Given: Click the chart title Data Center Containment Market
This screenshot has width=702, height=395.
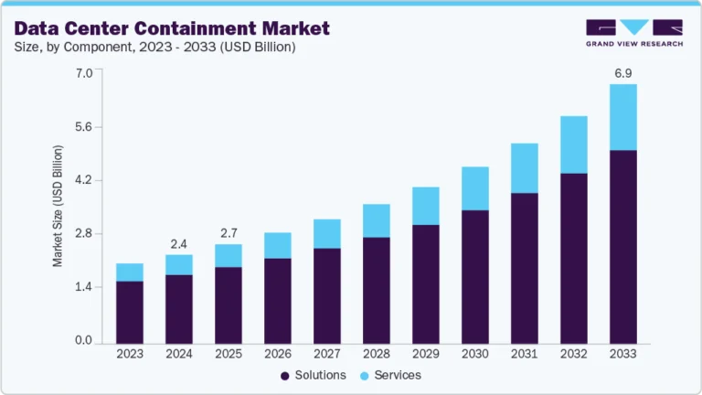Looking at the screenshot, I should tap(172, 28).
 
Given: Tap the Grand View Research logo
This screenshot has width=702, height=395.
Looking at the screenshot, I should tap(633, 33).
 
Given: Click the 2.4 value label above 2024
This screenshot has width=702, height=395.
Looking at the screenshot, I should tap(179, 243).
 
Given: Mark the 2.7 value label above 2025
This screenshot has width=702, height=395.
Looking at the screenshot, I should tap(229, 232).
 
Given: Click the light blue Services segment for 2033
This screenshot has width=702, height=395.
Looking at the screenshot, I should tap(623, 117).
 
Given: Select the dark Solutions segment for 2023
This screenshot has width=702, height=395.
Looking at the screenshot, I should tap(130, 311).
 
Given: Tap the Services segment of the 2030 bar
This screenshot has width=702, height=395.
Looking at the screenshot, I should tap(475, 188).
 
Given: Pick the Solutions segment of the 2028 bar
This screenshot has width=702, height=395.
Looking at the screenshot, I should tap(377, 289).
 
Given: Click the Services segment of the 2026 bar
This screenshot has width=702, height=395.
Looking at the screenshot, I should tap(278, 245).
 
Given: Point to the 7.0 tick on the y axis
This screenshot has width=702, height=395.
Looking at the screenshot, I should tap(84, 73).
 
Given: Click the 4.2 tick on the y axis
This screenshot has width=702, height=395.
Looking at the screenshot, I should tap(84, 180).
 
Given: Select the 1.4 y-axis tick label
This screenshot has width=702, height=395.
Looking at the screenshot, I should tap(84, 287).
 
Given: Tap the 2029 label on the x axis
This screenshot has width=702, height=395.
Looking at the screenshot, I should tap(426, 353).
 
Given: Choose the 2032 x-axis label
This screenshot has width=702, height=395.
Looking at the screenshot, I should tap(574, 353).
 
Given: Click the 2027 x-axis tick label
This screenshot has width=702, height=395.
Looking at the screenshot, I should tap(327, 353).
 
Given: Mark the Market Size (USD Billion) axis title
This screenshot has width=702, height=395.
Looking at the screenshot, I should tap(58, 206).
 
